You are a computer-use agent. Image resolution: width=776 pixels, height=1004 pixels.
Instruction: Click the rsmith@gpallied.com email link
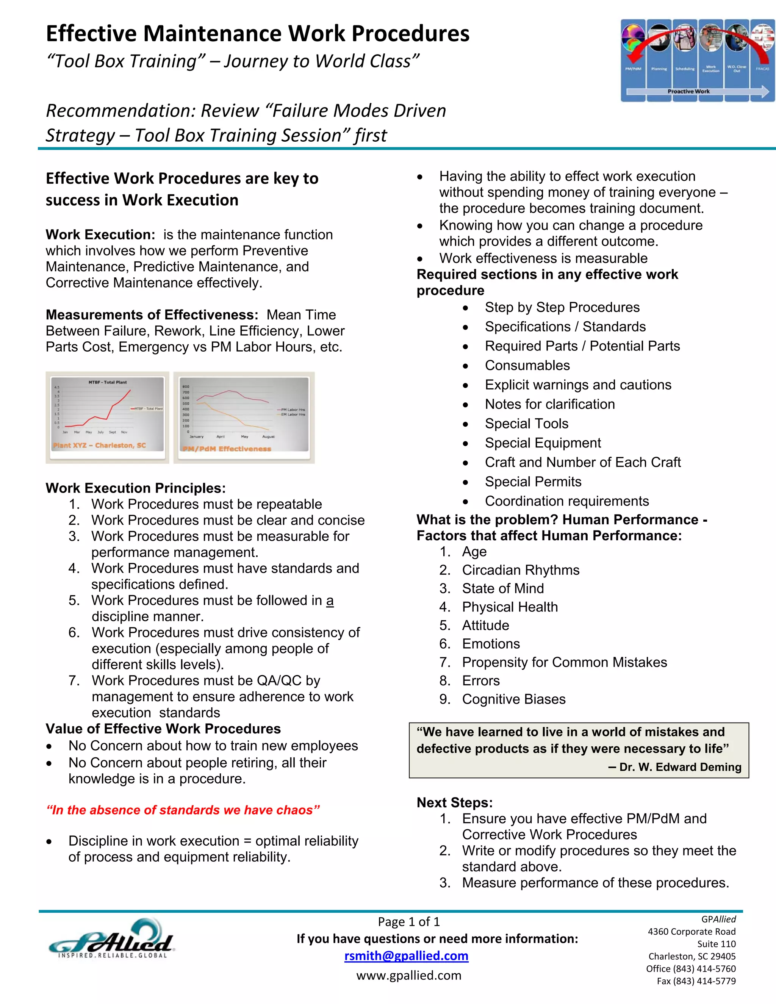[x=407, y=956]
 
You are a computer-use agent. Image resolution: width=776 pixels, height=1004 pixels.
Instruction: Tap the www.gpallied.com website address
[x=409, y=975]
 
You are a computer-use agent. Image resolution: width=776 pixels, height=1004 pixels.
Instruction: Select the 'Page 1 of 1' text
[x=409, y=921]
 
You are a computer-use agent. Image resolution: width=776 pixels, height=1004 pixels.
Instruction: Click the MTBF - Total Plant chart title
[x=108, y=382]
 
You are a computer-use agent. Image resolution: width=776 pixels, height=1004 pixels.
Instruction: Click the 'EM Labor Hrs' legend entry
[x=293, y=414]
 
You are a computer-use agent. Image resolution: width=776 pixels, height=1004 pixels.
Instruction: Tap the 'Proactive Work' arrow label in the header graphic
[x=688, y=91]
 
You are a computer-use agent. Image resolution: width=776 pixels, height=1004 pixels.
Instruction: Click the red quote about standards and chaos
[x=183, y=810]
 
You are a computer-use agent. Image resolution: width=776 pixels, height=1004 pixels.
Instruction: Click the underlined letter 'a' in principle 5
[x=330, y=601]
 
